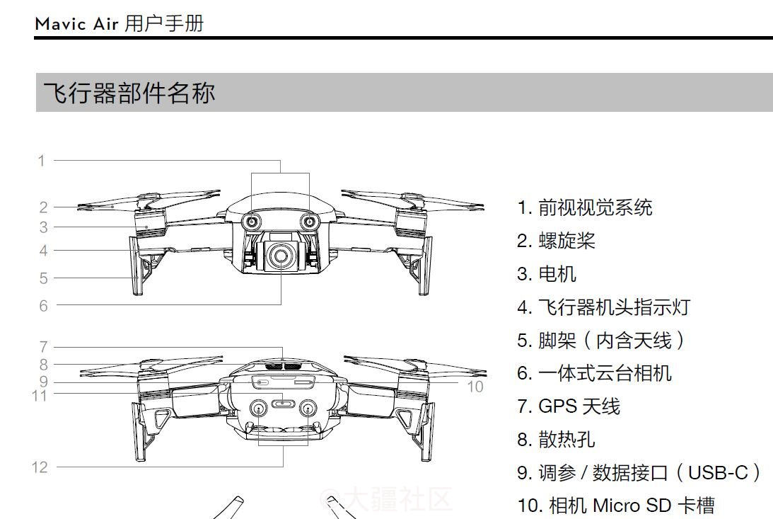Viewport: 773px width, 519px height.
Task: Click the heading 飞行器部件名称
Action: coord(129,93)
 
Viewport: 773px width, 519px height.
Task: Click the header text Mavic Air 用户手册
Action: coord(119,23)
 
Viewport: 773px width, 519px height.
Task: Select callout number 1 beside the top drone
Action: coord(42,161)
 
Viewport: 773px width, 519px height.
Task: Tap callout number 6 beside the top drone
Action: coord(44,306)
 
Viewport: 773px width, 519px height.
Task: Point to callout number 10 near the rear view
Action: coord(475,386)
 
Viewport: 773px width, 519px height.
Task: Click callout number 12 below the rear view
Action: coord(40,467)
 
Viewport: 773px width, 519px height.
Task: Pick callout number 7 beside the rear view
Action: coord(43,347)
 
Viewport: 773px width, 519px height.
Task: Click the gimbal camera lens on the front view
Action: coord(281,256)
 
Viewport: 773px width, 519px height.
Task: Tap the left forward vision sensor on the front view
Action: coord(252,222)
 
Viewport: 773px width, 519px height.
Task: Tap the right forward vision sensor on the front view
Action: coord(310,222)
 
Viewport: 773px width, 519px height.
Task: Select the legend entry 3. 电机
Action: coord(546,274)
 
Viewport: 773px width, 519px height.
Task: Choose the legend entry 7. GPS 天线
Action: coord(568,406)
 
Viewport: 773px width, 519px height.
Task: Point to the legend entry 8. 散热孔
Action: coord(556,440)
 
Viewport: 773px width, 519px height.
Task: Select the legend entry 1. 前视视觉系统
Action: coord(584,207)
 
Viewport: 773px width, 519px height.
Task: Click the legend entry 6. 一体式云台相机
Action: coord(594,373)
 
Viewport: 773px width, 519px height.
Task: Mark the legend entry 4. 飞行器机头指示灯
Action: coord(603,307)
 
